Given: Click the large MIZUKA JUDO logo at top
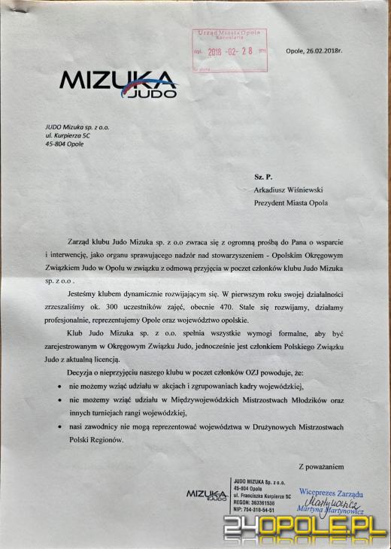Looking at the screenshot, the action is (x=118, y=83).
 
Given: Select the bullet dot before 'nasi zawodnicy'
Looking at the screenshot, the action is (x=59, y=427).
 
